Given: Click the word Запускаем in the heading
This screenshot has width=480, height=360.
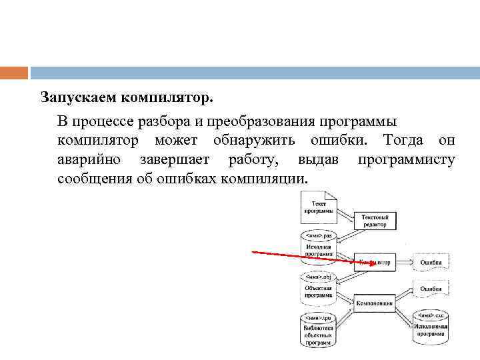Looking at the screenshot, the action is pyautogui.click(x=78, y=97).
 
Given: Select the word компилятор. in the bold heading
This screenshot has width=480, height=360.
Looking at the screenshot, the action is pyautogui.click(x=167, y=97).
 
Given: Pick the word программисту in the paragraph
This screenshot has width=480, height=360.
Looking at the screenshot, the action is pyautogui.click(x=407, y=160).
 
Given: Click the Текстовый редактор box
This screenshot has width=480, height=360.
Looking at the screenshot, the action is pyautogui.click(x=379, y=221).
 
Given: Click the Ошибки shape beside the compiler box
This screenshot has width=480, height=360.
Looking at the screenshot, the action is pyautogui.click(x=431, y=262).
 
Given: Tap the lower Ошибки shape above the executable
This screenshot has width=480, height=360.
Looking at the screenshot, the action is pyautogui.click(x=431, y=289).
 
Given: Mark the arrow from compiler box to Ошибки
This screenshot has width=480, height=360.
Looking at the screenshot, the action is pyautogui.click(x=403, y=263).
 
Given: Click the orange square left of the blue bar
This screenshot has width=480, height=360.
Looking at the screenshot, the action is pyautogui.click(x=14, y=73).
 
